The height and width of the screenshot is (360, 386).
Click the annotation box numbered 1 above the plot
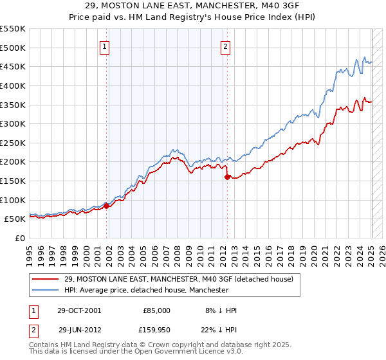[105, 46]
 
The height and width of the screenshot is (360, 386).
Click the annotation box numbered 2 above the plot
[226, 46]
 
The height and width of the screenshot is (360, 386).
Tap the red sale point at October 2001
[107, 206]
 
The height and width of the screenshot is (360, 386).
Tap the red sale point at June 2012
[228, 177]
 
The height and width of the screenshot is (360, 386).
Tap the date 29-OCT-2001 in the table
[78, 310]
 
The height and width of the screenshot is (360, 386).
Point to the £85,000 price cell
[157, 310]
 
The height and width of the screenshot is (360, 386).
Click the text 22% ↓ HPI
[219, 329]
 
